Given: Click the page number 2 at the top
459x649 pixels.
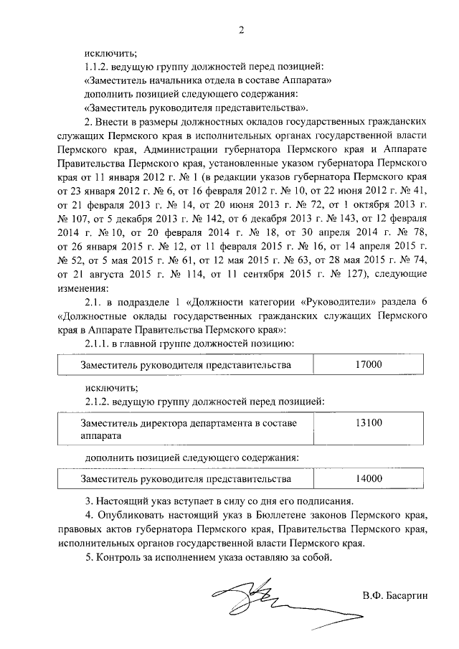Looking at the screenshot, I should click(x=242, y=29).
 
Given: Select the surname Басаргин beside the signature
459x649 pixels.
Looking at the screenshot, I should click(x=404, y=595).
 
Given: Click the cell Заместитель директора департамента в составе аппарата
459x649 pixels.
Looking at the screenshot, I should click(x=188, y=430).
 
